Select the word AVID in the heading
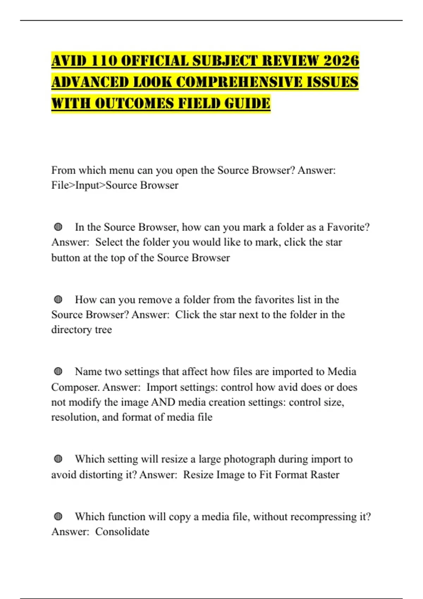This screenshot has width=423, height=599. (69, 61)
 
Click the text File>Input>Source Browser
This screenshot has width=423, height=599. (115, 185)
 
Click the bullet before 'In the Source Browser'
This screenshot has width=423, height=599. (58, 227)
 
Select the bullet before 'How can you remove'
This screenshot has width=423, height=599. (58, 299)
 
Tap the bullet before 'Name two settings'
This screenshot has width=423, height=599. (58, 371)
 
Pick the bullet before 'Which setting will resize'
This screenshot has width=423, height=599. (58, 459)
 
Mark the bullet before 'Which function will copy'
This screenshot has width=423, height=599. (58, 517)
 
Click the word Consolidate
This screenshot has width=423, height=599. (122, 531)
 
